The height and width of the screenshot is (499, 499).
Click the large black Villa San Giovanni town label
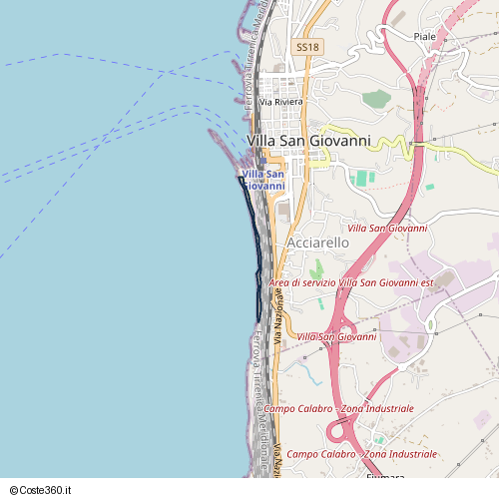coord(307,141)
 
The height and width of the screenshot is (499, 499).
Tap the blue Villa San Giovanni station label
coord(262,181)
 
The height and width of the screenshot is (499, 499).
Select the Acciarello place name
coord(317,243)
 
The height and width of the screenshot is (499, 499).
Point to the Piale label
coord(425,36)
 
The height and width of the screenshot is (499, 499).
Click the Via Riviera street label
coord(280,102)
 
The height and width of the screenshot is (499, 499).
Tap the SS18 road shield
coord(307,47)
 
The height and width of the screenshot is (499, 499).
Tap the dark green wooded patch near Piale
coord(376,99)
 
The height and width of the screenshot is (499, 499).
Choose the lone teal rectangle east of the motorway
coord(429,187)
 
